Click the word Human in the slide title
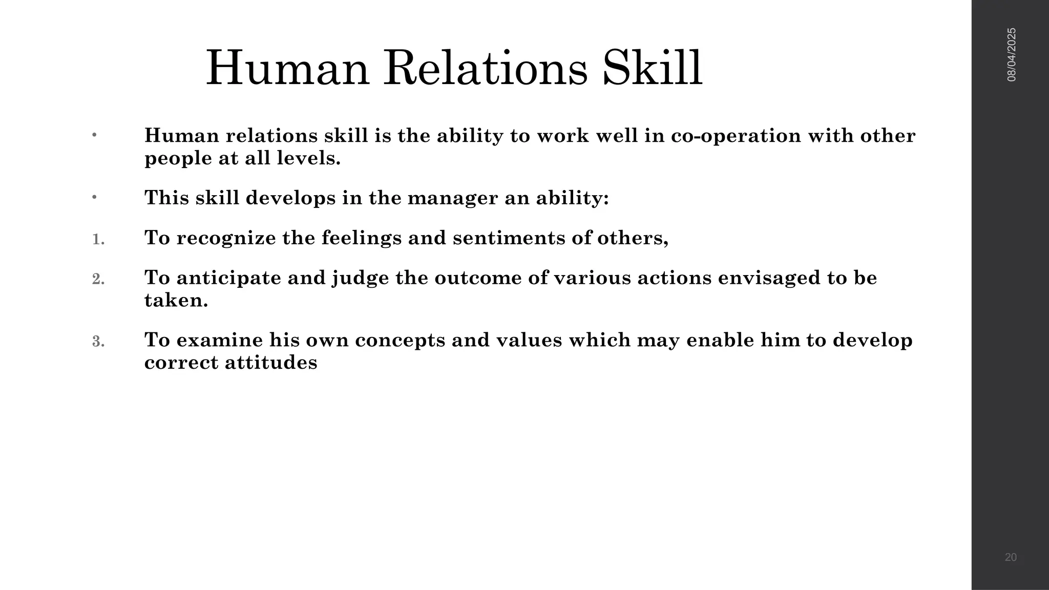[287, 69]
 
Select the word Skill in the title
[652, 69]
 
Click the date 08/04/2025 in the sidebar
[1012, 55]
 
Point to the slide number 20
[1011, 557]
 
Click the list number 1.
[98, 239]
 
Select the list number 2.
[98, 279]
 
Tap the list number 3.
[98, 342]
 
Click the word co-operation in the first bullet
[736, 136]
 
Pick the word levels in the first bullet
[308, 158]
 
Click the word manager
[452, 198]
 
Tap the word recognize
[226, 238]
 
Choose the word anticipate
[228, 278]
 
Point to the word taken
[176, 301]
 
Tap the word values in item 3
[530, 341]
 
